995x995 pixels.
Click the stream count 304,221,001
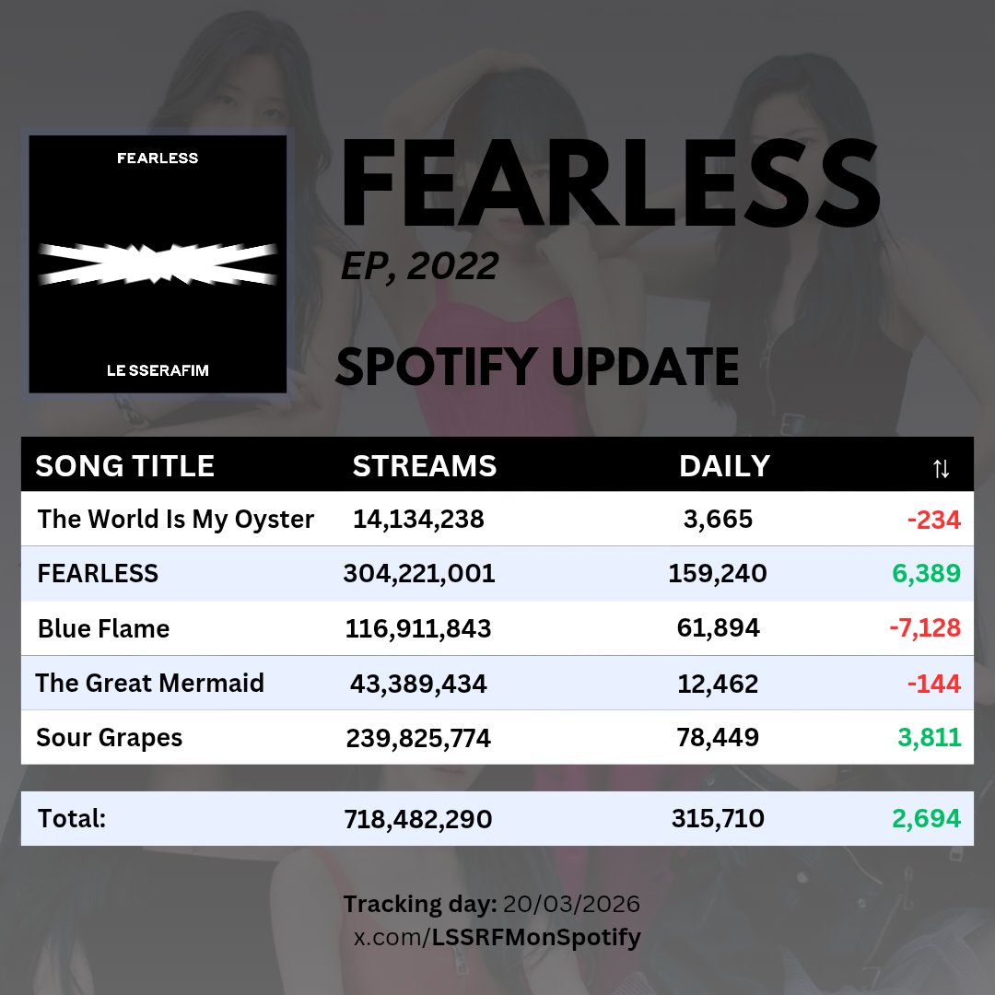pos(419,574)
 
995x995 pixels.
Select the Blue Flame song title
pos(103,629)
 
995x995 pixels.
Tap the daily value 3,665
pos(718,520)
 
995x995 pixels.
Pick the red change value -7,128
pos(924,629)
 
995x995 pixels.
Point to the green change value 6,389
pos(926,574)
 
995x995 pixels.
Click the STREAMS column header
pos(424,466)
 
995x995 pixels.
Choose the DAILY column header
pos(724,466)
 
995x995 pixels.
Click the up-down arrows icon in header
pos(940,468)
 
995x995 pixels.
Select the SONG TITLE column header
pos(124,466)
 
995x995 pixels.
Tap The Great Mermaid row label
pos(149,684)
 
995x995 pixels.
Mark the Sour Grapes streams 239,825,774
pos(418,738)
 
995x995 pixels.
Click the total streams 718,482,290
pos(418,819)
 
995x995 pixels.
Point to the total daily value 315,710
pos(718,819)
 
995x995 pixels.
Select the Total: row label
pos(72,819)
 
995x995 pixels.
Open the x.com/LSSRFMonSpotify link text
pos(497,938)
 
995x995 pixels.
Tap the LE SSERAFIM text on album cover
pos(157,370)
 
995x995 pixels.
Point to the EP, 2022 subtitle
pos(419,266)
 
